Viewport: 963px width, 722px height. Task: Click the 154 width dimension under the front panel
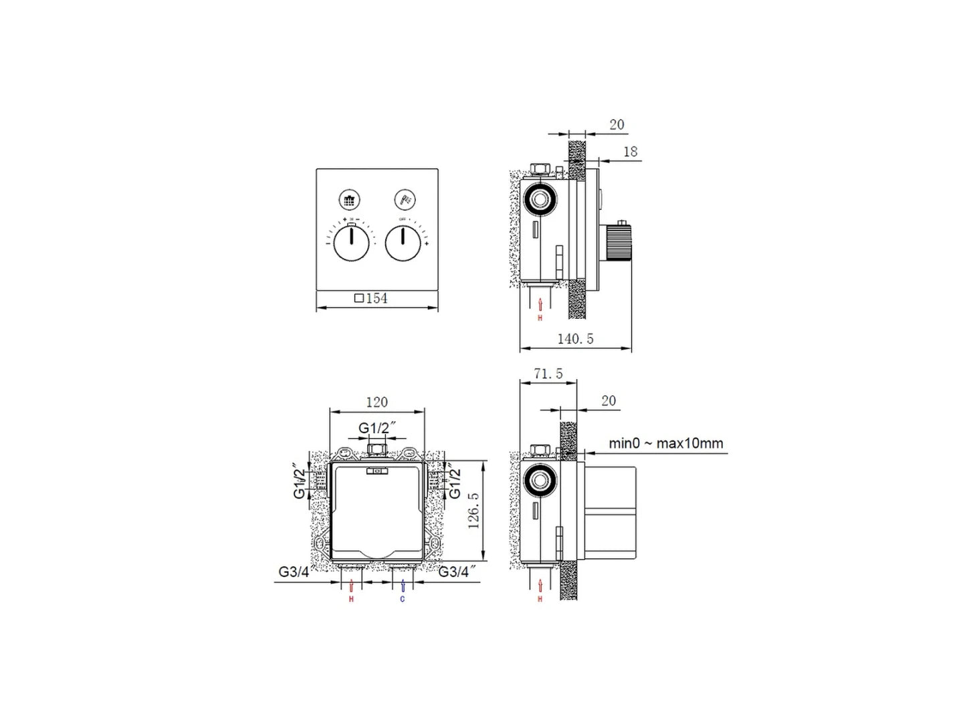point(371,298)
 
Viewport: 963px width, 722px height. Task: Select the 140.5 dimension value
point(575,339)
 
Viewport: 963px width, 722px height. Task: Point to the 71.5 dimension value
point(548,374)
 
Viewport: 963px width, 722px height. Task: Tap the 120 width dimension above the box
point(377,402)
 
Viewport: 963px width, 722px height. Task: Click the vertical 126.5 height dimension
point(473,511)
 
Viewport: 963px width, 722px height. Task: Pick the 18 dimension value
point(630,152)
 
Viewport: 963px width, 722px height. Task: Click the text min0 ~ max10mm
point(665,443)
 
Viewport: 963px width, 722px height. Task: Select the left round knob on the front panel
point(351,243)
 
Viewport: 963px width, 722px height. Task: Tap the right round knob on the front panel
point(403,243)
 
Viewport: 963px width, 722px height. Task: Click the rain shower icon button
point(349,199)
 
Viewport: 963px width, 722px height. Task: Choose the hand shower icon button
point(405,199)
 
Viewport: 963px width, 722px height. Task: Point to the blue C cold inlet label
point(402,599)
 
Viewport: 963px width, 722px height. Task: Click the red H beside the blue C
point(351,599)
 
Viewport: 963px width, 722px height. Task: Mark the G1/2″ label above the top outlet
point(377,428)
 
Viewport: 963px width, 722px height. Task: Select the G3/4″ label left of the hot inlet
point(294,572)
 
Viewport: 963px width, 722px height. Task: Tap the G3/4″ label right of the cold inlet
point(457,572)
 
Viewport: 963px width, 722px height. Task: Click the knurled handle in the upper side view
point(618,242)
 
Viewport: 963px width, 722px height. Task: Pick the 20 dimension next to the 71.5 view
point(608,401)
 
